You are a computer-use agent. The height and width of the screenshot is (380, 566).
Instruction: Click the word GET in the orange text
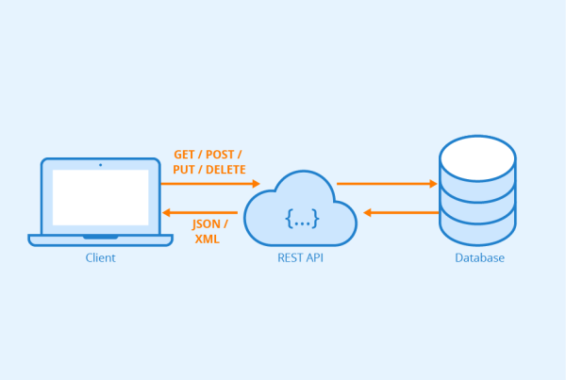pyautogui.click(x=184, y=155)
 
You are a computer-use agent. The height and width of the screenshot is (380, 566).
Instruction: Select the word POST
pyautogui.click(x=220, y=155)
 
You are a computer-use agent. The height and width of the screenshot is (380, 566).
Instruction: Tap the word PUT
pyautogui.click(x=184, y=169)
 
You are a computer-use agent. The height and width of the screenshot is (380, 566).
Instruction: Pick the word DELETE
pyautogui.click(x=225, y=169)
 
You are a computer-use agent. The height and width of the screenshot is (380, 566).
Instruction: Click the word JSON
pyautogui.click(x=206, y=224)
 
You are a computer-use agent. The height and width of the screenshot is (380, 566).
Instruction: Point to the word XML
pyautogui.click(x=208, y=239)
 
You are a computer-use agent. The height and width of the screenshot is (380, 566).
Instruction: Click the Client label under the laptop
pyautogui.click(x=100, y=257)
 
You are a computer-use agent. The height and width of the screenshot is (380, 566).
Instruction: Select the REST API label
pyautogui.click(x=300, y=257)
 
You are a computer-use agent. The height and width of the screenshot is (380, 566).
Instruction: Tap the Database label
pyautogui.click(x=479, y=257)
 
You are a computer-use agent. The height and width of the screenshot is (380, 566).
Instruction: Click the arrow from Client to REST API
pyautogui.click(x=210, y=184)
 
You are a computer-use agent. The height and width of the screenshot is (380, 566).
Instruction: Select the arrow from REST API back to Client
pyautogui.click(x=200, y=212)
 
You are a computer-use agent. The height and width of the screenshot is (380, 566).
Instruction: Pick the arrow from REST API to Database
pyautogui.click(x=387, y=184)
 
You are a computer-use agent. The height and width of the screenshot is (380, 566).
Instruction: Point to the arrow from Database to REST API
pyautogui.click(x=401, y=212)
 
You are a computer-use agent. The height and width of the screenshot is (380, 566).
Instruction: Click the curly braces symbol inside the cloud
pyautogui.click(x=302, y=219)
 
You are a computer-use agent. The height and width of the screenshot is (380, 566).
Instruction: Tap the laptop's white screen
pyautogui.click(x=101, y=197)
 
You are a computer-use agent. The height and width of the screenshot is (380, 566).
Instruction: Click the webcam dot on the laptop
pyautogui.click(x=100, y=165)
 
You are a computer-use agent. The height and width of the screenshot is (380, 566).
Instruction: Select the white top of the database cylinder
pyautogui.click(x=477, y=158)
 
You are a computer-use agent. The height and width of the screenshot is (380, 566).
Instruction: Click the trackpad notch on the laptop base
pyautogui.click(x=101, y=237)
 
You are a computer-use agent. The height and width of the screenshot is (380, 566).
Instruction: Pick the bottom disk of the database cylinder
pyautogui.click(x=477, y=231)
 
